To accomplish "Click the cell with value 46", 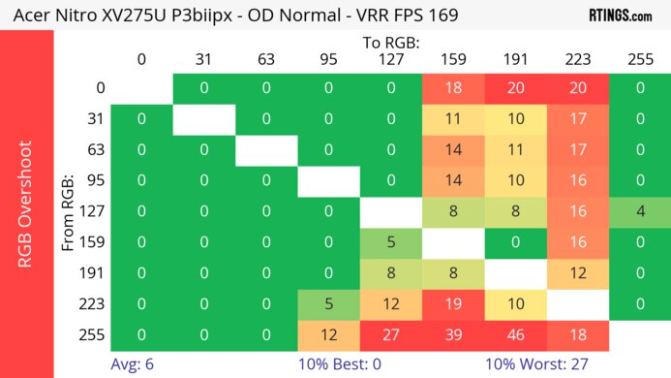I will [x=515, y=334].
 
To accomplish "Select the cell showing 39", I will [x=453, y=334].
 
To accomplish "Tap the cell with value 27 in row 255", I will [x=391, y=334].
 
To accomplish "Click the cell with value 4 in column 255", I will [x=639, y=211].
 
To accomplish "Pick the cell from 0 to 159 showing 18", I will [x=453, y=88].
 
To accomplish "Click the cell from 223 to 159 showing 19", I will [x=453, y=304].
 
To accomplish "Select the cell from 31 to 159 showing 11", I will [x=453, y=119].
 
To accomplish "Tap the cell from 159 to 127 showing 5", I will [x=391, y=242].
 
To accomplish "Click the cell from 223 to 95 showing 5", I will [x=328, y=304].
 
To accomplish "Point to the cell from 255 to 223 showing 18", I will [x=577, y=334].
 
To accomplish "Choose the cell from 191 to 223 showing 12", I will [x=577, y=273].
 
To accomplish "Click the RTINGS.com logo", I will [x=621, y=16].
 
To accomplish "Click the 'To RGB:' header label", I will [x=390, y=43].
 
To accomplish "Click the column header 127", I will [x=390, y=59].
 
